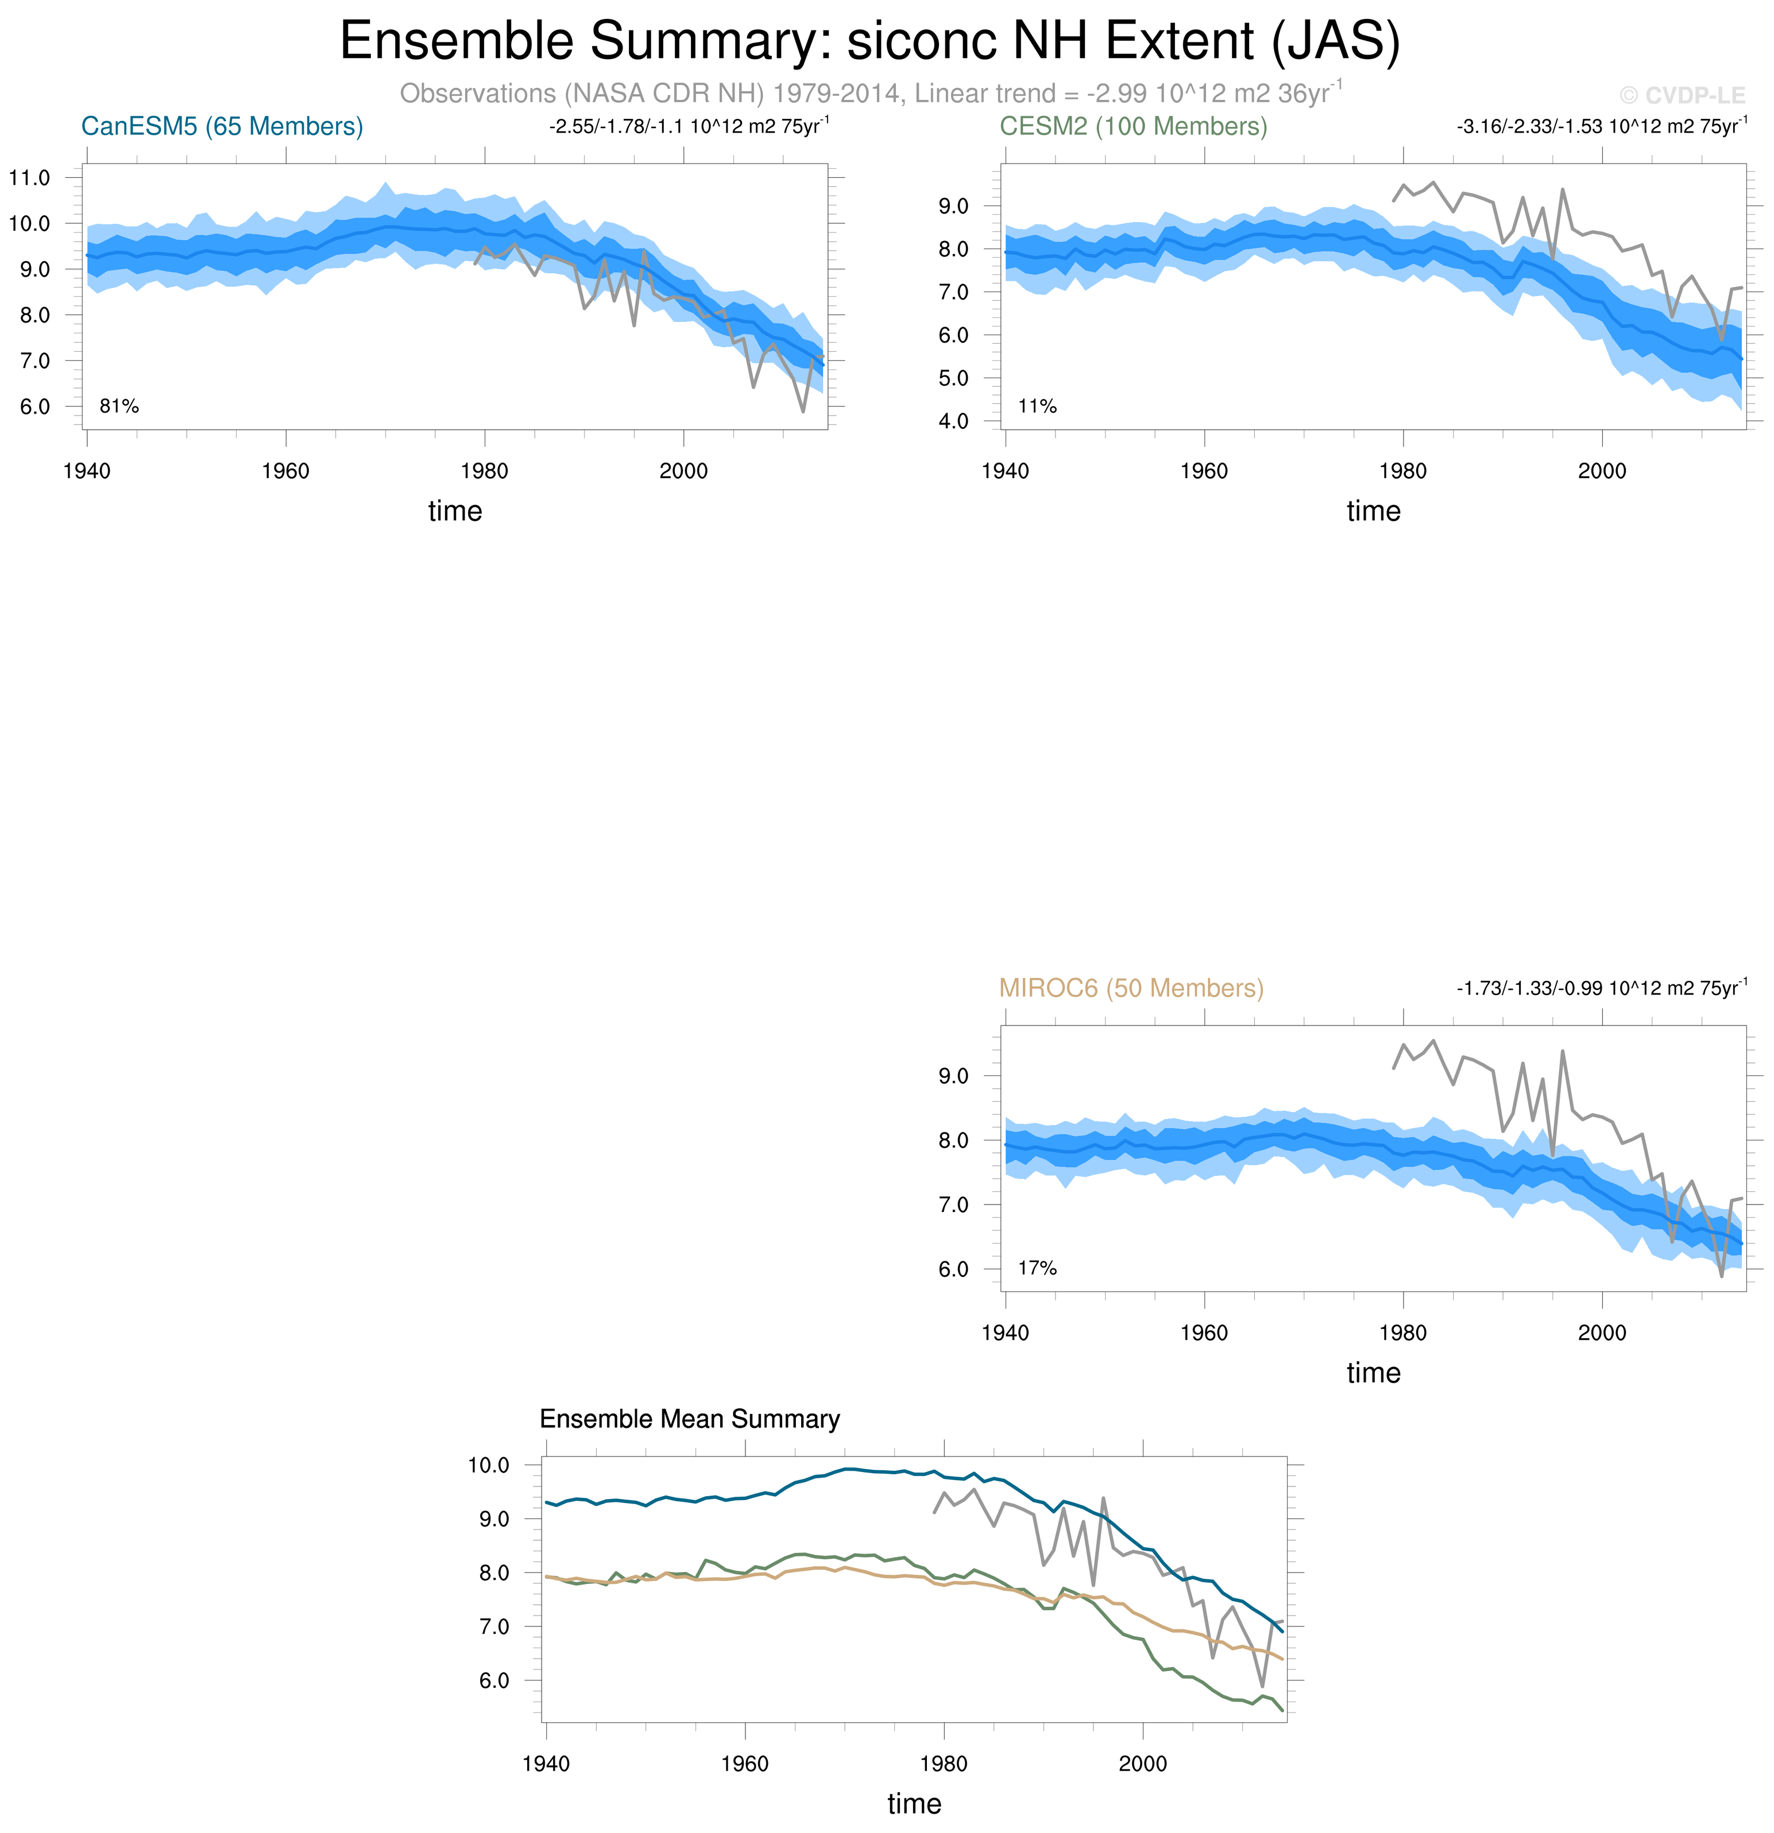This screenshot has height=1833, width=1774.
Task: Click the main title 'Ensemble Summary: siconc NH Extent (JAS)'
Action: tap(869, 41)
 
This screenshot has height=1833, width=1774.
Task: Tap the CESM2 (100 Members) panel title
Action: tap(1133, 126)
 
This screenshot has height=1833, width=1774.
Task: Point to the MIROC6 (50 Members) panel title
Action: tap(1131, 988)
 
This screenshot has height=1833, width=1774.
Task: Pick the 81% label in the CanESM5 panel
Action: tap(119, 406)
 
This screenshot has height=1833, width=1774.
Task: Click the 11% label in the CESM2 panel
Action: tap(1037, 406)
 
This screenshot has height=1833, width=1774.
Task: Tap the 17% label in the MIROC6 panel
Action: tap(1037, 1268)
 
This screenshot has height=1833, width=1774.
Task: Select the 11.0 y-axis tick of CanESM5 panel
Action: tap(29, 178)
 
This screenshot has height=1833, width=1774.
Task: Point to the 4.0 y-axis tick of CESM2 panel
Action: tap(953, 421)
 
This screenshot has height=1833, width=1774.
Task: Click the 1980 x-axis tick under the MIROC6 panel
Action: tap(1402, 1333)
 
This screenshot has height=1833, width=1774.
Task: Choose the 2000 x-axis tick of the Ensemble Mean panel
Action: tap(1142, 1764)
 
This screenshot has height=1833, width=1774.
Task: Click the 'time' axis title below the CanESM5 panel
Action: tap(455, 511)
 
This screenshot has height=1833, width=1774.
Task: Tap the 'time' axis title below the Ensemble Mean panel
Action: tap(914, 1803)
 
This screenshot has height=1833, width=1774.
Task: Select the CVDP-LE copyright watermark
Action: tap(1682, 95)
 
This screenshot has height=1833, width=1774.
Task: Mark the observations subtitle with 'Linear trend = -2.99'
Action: tap(870, 94)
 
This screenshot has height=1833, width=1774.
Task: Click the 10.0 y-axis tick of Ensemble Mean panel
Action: tap(488, 1465)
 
